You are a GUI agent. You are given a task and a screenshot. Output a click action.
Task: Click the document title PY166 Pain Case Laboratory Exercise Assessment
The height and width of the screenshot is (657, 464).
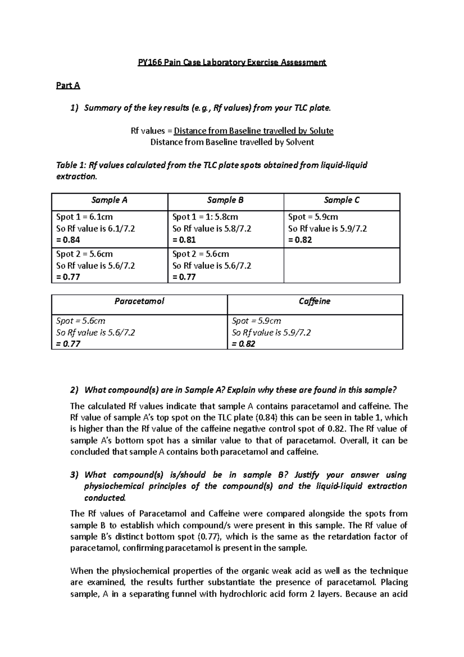coord(232,62)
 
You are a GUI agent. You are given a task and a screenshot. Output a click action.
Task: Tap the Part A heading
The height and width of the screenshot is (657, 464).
coord(68,86)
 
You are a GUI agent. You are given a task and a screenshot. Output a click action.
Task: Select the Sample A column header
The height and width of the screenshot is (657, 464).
coord(109,200)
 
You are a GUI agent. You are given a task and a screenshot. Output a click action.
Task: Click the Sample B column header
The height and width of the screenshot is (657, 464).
coord(225,200)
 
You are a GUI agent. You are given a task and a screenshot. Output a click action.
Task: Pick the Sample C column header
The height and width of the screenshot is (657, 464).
coord(341,200)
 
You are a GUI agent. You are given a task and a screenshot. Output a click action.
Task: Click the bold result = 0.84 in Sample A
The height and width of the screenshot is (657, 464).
coord(68,240)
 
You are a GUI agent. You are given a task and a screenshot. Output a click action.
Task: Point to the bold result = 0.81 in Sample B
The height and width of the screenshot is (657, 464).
coord(184,240)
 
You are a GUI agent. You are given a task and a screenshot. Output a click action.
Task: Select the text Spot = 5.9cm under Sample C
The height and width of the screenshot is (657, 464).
coord(313,217)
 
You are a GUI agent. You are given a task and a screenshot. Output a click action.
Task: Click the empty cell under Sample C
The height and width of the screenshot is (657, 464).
coord(341,265)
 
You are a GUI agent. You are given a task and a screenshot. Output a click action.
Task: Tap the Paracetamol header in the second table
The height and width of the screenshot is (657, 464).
coord(139,301)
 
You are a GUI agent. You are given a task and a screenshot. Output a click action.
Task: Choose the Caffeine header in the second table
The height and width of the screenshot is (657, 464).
coord(315,301)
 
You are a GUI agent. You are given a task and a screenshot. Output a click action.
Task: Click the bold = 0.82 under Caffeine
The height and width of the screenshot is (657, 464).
coord(244,344)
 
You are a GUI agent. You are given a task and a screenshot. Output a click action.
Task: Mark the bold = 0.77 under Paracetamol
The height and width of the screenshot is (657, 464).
coord(68,344)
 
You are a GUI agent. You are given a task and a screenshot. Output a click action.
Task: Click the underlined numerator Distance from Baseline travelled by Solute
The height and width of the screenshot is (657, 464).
coord(253,131)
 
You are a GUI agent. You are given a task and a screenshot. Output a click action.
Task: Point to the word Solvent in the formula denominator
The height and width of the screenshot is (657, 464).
coord(300,142)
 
